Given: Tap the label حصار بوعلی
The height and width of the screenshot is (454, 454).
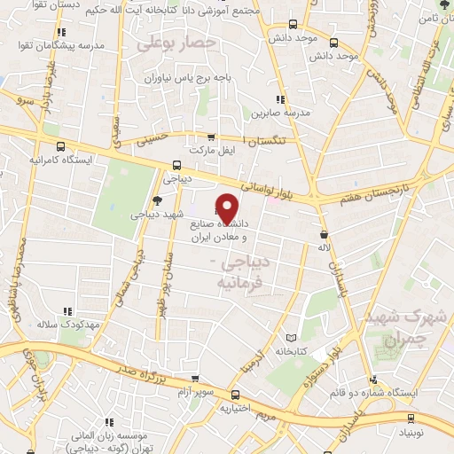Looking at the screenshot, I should (x=178, y=42).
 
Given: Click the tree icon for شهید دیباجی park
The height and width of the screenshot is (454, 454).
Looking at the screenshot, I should (x=157, y=200).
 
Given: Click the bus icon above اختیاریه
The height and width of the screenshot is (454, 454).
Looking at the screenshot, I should (x=235, y=395).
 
